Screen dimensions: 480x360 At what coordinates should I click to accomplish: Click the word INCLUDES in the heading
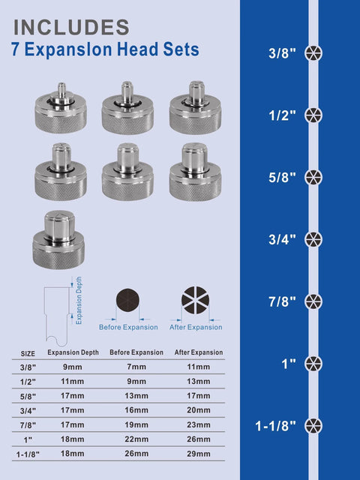(x=71, y=27)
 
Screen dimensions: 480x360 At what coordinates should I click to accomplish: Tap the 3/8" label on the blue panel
(x=282, y=53)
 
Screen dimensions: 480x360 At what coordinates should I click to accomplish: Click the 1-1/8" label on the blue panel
(x=276, y=426)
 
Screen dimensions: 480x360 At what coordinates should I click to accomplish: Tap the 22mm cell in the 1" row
(x=136, y=439)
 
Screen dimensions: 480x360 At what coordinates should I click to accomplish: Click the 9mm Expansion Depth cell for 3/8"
(x=73, y=367)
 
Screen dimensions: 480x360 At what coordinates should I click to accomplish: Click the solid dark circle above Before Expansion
(x=128, y=302)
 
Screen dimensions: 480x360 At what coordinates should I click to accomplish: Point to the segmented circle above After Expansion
(x=196, y=301)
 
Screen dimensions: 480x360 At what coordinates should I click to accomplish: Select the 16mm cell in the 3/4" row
(x=136, y=410)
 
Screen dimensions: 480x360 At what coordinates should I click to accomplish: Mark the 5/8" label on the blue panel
(x=282, y=177)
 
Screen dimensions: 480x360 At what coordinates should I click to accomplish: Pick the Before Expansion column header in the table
(x=136, y=352)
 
